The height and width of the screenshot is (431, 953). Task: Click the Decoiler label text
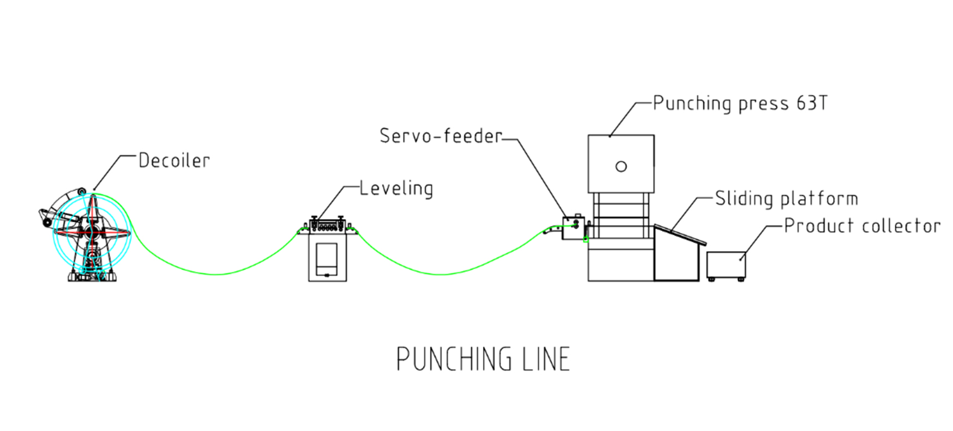point(174,160)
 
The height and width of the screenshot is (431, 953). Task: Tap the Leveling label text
point(396,189)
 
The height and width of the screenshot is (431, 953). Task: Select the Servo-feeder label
point(441,136)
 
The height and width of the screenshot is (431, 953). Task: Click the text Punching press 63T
point(740,103)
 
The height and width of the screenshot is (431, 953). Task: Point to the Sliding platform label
point(786,198)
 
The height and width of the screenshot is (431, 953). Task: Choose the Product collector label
point(862,226)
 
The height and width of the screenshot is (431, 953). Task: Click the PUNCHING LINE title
point(483,359)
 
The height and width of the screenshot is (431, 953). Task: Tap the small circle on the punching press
point(621,167)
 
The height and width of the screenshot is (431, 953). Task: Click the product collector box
point(726,264)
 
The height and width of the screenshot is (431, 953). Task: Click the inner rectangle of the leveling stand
point(327,259)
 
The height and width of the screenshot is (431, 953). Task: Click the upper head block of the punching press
point(621,163)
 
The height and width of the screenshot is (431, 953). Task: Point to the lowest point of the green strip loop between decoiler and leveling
point(216,274)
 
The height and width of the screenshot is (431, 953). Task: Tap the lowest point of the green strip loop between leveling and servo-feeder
point(442,274)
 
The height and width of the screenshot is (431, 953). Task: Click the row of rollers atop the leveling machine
point(327,225)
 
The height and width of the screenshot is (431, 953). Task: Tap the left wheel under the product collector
point(711,280)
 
